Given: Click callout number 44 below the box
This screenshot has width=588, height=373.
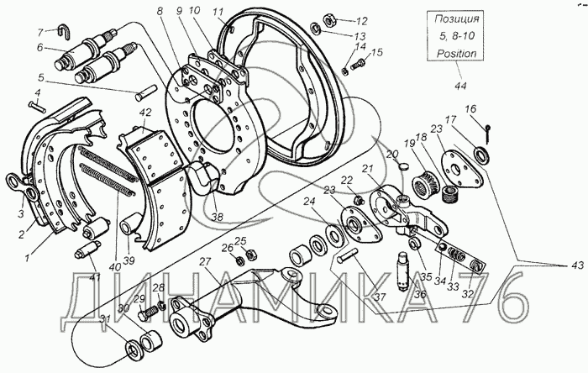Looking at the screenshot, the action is coord(460,86).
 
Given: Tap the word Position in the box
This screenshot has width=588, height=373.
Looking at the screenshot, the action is coord(456,53).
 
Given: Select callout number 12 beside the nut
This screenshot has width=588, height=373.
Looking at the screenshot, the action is coord(361,21).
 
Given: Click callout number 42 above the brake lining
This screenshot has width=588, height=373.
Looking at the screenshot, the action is coord(145,113).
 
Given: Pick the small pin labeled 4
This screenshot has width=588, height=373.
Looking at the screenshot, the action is coord(37,106).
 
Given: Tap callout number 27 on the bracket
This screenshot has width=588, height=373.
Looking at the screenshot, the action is coord(205,261).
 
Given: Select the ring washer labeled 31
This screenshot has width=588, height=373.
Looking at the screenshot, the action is coord(133,349).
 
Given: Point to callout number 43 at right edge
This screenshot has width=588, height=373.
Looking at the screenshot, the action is coord(578,265).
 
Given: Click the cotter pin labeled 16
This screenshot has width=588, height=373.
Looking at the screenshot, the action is coord(488,134).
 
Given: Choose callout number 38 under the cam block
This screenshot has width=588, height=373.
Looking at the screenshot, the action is coord(218,217).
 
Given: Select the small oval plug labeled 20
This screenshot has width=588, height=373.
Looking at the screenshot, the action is coord(402,165).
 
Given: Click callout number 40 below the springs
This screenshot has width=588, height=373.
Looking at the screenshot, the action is coord(115,266).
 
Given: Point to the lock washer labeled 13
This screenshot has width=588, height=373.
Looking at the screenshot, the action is coord(316,28).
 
